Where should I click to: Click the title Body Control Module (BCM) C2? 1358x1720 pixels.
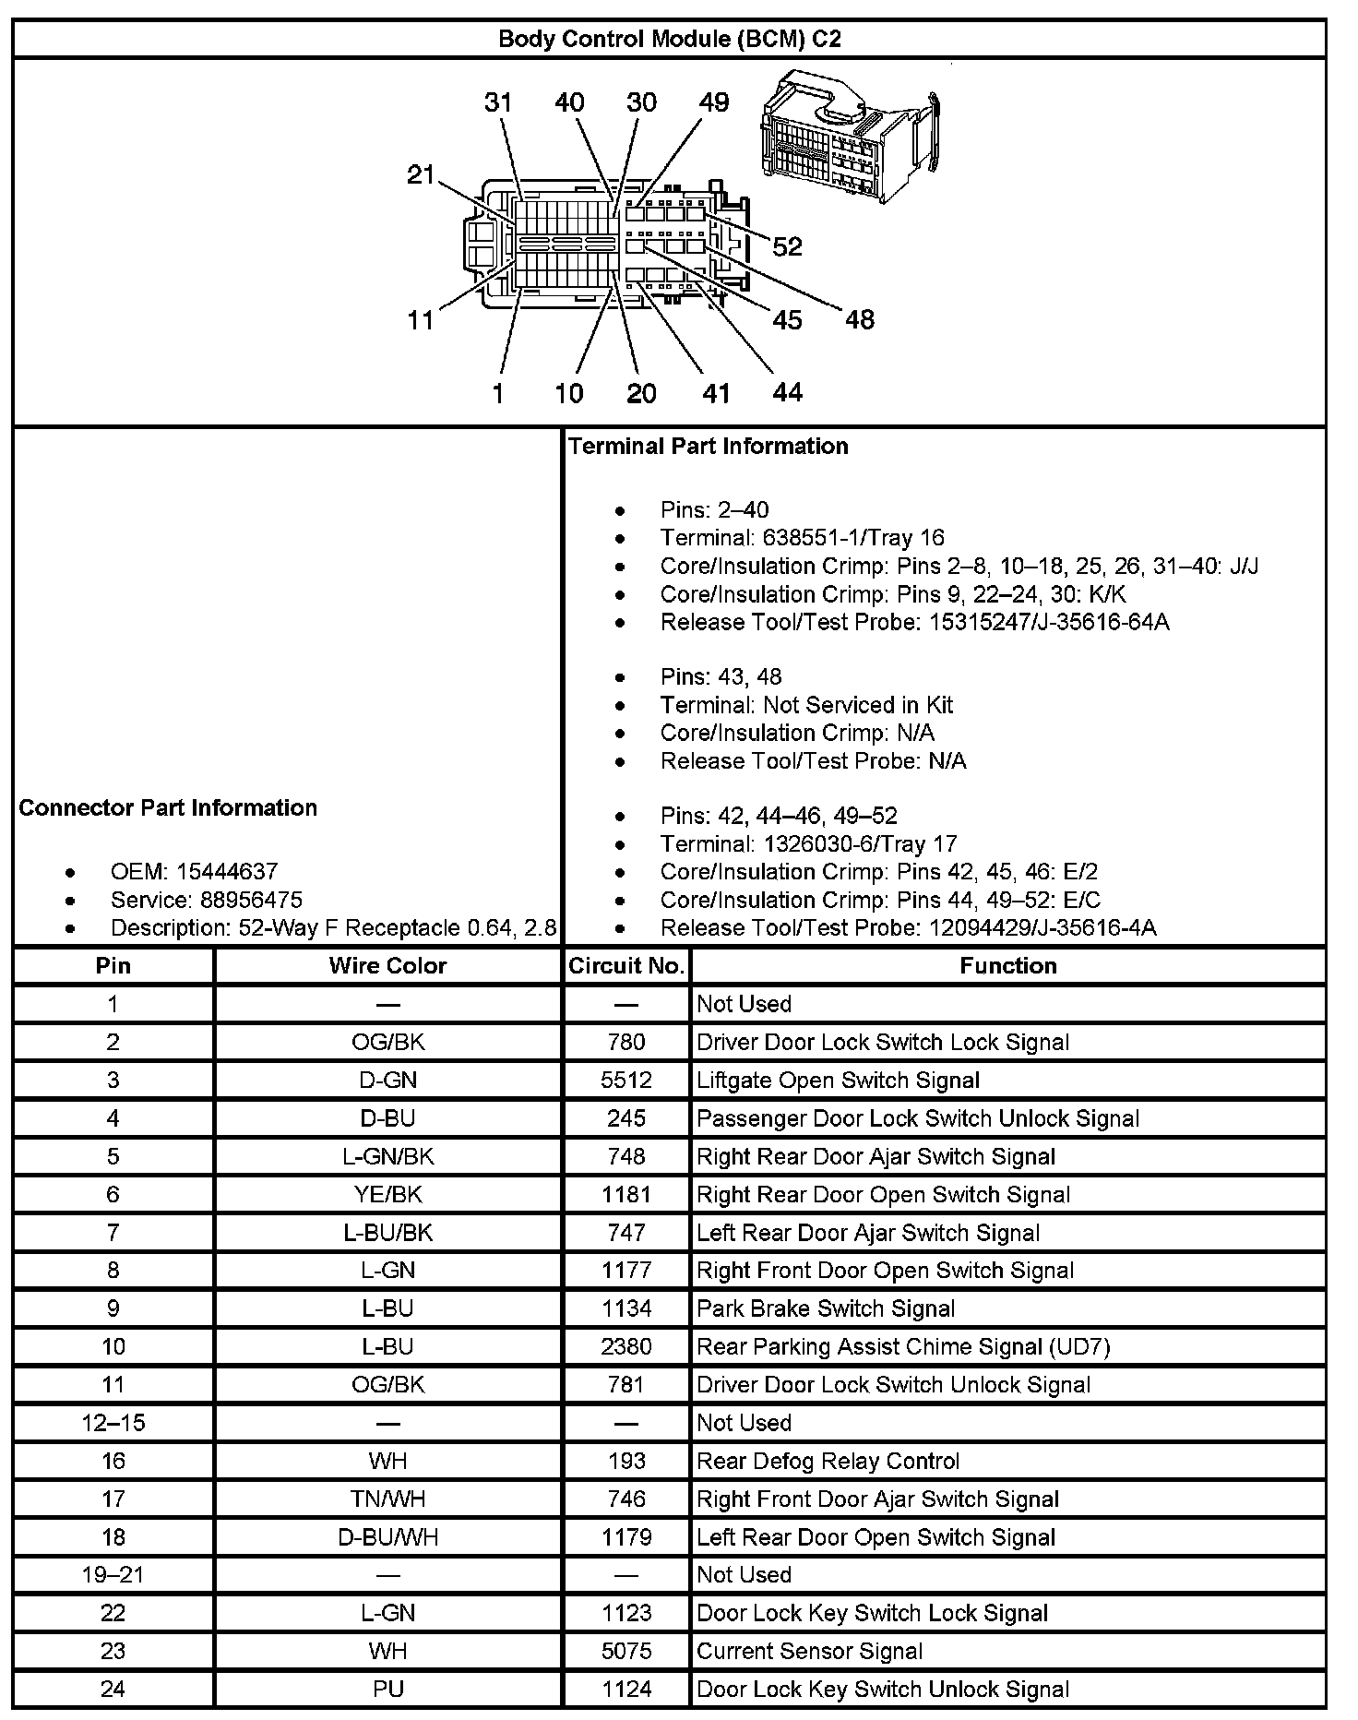pyautogui.click(x=669, y=39)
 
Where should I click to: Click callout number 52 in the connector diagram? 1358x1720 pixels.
pyautogui.click(x=787, y=246)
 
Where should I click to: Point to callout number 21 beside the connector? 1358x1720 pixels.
pyautogui.click(x=421, y=173)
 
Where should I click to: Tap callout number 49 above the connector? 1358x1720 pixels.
pyautogui.click(x=713, y=102)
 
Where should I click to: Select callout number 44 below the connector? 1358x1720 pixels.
pyautogui.click(x=787, y=392)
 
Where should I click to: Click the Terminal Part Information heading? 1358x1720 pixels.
pyautogui.click(x=709, y=446)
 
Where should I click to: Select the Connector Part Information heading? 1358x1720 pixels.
pyautogui.click(x=168, y=807)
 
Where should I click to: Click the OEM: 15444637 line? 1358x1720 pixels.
pyautogui.click(x=194, y=871)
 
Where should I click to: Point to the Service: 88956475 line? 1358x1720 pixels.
pyautogui.click(x=206, y=900)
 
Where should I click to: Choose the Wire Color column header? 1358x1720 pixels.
pyautogui.click(x=387, y=965)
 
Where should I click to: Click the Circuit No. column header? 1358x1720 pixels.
pyautogui.click(x=626, y=965)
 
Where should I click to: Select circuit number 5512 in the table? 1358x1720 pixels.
pyautogui.click(x=626, y=1080)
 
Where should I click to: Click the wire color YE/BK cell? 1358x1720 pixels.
pyautogui.click(x=387, y=1194)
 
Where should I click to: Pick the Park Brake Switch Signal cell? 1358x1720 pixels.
pyautogui.click(x=826, y=1308)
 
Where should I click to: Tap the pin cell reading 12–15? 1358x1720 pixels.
pyautogui.click(x=113, y=1423)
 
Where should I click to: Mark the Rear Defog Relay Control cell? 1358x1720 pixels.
pyautogui.click(x=828, y=1461)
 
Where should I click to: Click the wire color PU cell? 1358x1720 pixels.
pyautogui.click(x=387, y=1689)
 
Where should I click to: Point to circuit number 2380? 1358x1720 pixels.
pyautogui.click(x=626, y=1346)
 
